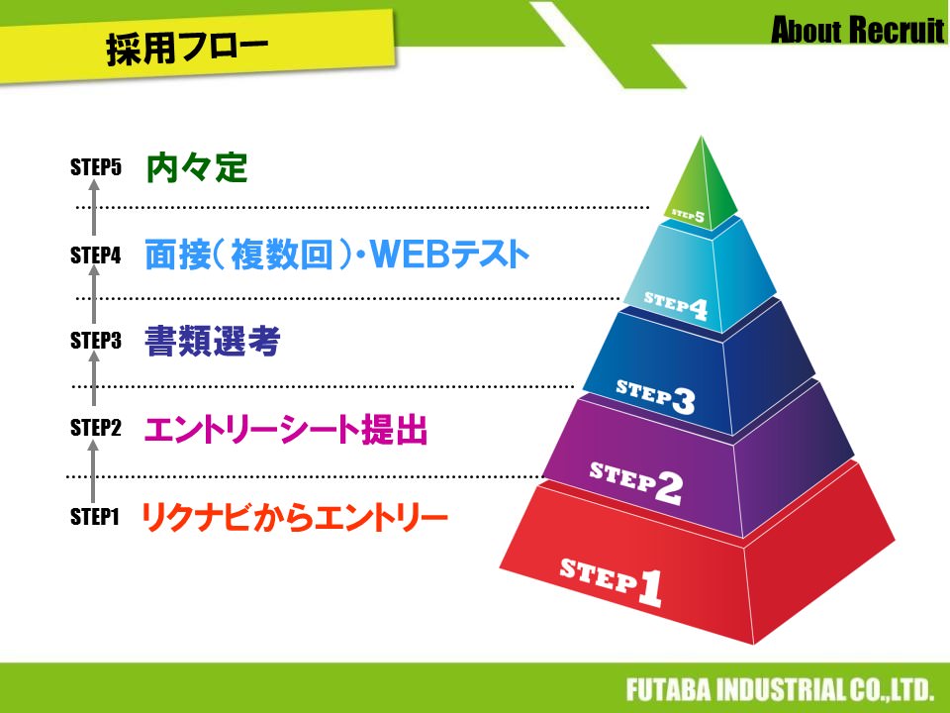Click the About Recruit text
pos(857,31)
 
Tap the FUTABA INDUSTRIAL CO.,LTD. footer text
pos(780,689)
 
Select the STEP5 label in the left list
pos(95,167)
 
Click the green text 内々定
pos(196,167)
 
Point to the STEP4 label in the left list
pos(95,255)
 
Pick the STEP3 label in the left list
pos(95,342)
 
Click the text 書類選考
pos(213,343)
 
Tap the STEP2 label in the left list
pos(95,429)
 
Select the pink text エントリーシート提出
pos(285,431)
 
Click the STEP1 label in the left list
pos(95,516)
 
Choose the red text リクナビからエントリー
pos(295,517)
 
